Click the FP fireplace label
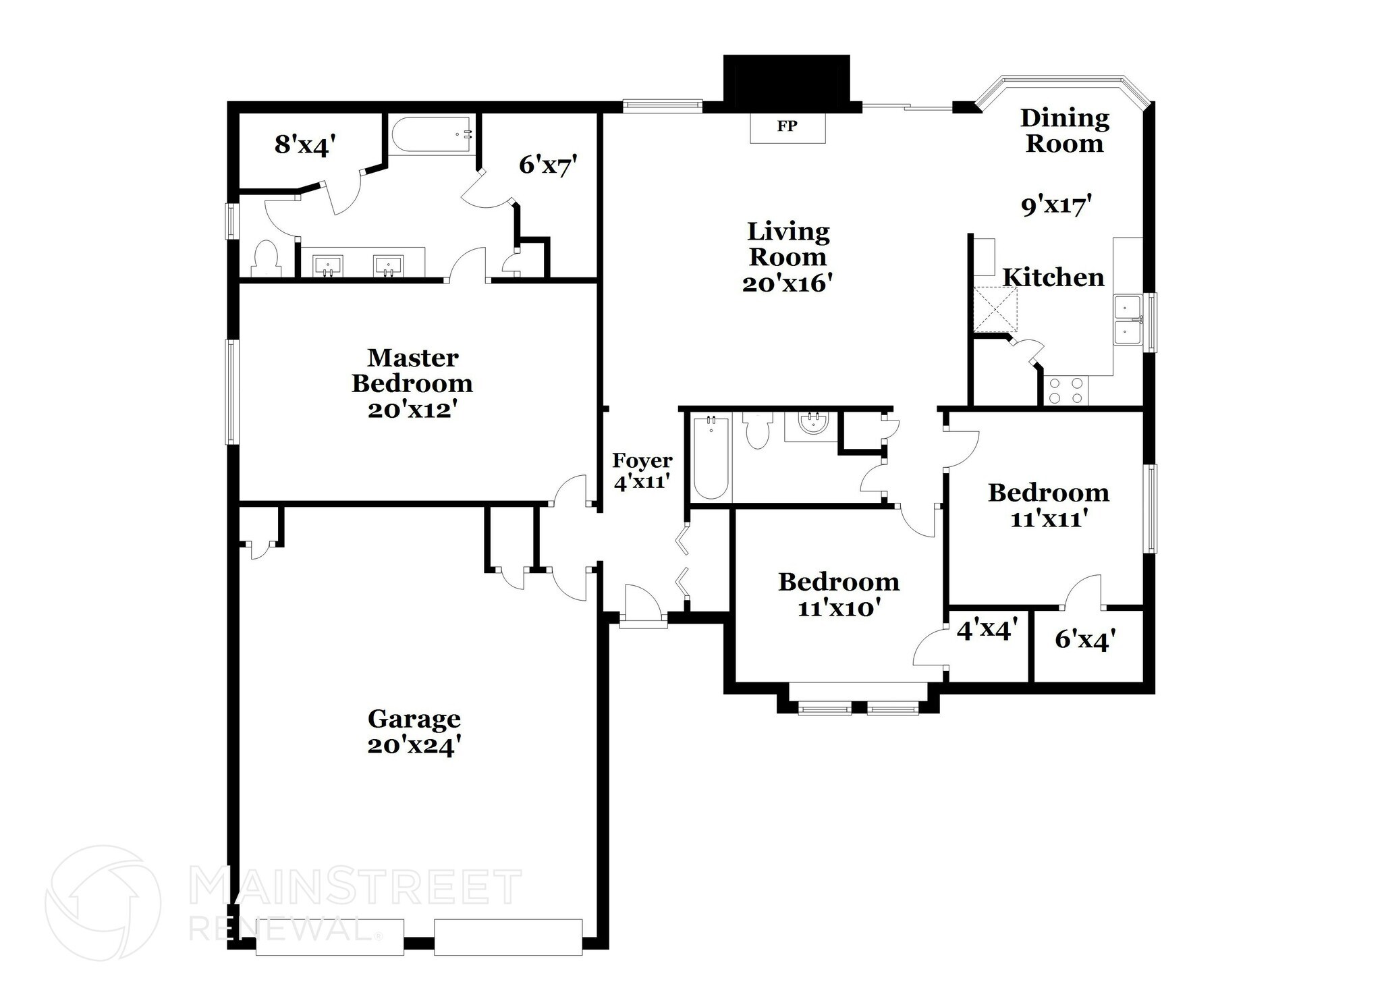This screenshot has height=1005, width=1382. point(787,126)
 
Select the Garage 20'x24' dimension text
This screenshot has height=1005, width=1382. point(414,746)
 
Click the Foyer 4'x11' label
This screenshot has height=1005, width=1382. point(642,470)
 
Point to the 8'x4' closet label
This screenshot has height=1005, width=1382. point(305,145)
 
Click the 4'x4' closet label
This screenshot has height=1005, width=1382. point(987,630)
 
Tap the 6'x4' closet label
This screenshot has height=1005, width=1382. point(1084,639)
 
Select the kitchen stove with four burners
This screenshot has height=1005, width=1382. point(1066,391)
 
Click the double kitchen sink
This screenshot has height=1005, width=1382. point(1127,320)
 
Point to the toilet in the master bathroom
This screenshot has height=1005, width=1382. point(266,259)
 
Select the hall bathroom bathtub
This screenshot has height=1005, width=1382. point(710,458)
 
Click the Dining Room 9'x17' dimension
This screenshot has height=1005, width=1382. point(1056,205)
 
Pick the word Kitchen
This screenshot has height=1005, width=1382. point(1053,277)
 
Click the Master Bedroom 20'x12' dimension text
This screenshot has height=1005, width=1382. point(412,410)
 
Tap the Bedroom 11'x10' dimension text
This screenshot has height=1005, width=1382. point(839,608)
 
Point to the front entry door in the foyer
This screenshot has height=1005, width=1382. point(643,607)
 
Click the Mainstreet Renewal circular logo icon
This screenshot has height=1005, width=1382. point(103,902)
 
